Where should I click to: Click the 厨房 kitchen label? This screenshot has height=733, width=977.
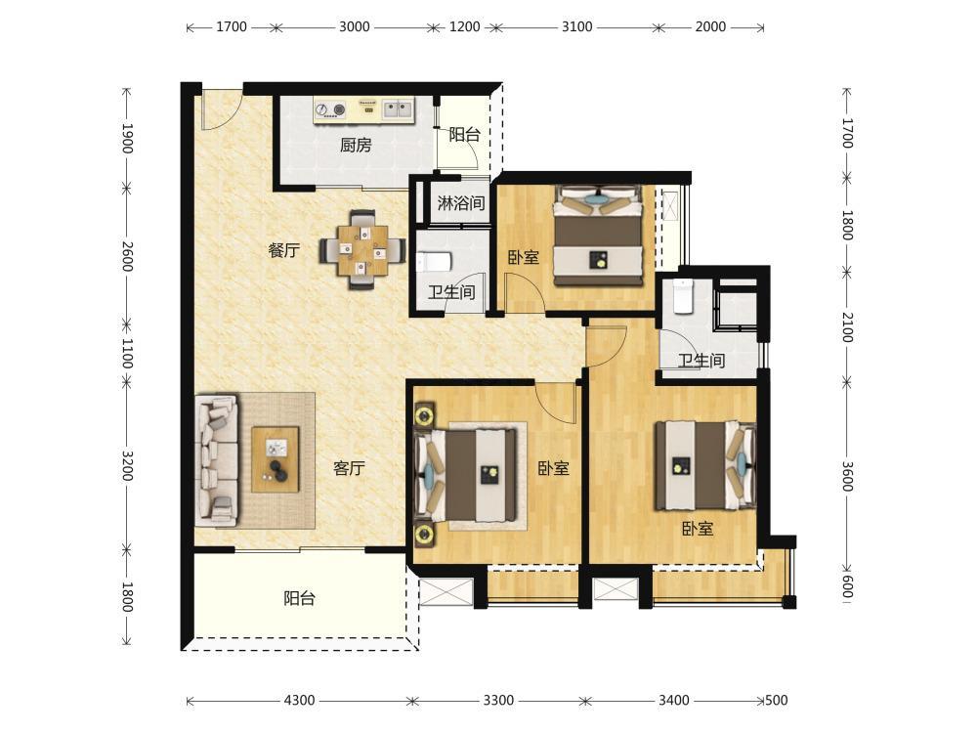point(356,146)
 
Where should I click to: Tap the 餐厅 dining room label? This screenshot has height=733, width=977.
point(284,250)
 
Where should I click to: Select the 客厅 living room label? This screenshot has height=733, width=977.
point(349,468)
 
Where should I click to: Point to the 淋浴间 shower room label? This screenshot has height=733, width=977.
point(461,202)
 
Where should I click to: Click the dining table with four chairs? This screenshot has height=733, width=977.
point(362,250)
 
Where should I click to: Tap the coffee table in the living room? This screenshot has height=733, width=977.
point(276,459)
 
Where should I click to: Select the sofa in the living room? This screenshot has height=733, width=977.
point(217,460)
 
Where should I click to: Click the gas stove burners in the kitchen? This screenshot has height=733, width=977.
point(330,110)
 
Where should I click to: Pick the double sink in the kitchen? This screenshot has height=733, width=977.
point(397,109)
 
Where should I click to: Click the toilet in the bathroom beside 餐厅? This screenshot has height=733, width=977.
point(433,262)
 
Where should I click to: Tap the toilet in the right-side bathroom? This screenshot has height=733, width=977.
point(683,296)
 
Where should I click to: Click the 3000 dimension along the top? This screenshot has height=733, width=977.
point(354,26)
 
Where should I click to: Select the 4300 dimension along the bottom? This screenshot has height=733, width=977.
point(299,700)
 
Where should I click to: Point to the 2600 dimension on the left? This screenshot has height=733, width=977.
point(126,256)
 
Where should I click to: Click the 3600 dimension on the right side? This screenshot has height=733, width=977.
point(847,476)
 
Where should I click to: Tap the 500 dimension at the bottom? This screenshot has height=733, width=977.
point(776,700)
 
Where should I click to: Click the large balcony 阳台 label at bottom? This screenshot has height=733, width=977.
point(300,598)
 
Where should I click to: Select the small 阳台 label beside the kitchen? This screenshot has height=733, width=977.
point(465,134)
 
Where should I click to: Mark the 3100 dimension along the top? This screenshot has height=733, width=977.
point(577,26)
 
